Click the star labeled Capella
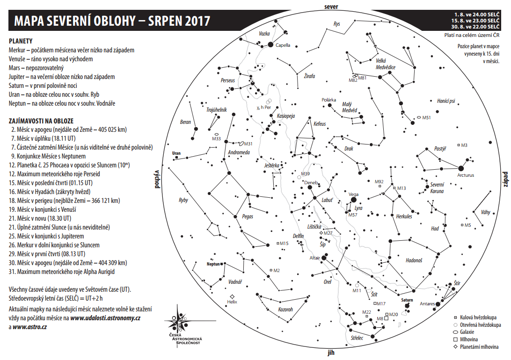coord(270,44)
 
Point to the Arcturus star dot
coord(461,168)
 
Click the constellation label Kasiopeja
coord(285,116)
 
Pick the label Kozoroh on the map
coord(285,309)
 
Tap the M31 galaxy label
coord(248,144)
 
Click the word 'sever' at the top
coord(331,6)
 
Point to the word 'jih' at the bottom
coord(331,353)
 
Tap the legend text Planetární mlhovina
coord(480,347)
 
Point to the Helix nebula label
coord(232,302)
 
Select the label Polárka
coord(328,100)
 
